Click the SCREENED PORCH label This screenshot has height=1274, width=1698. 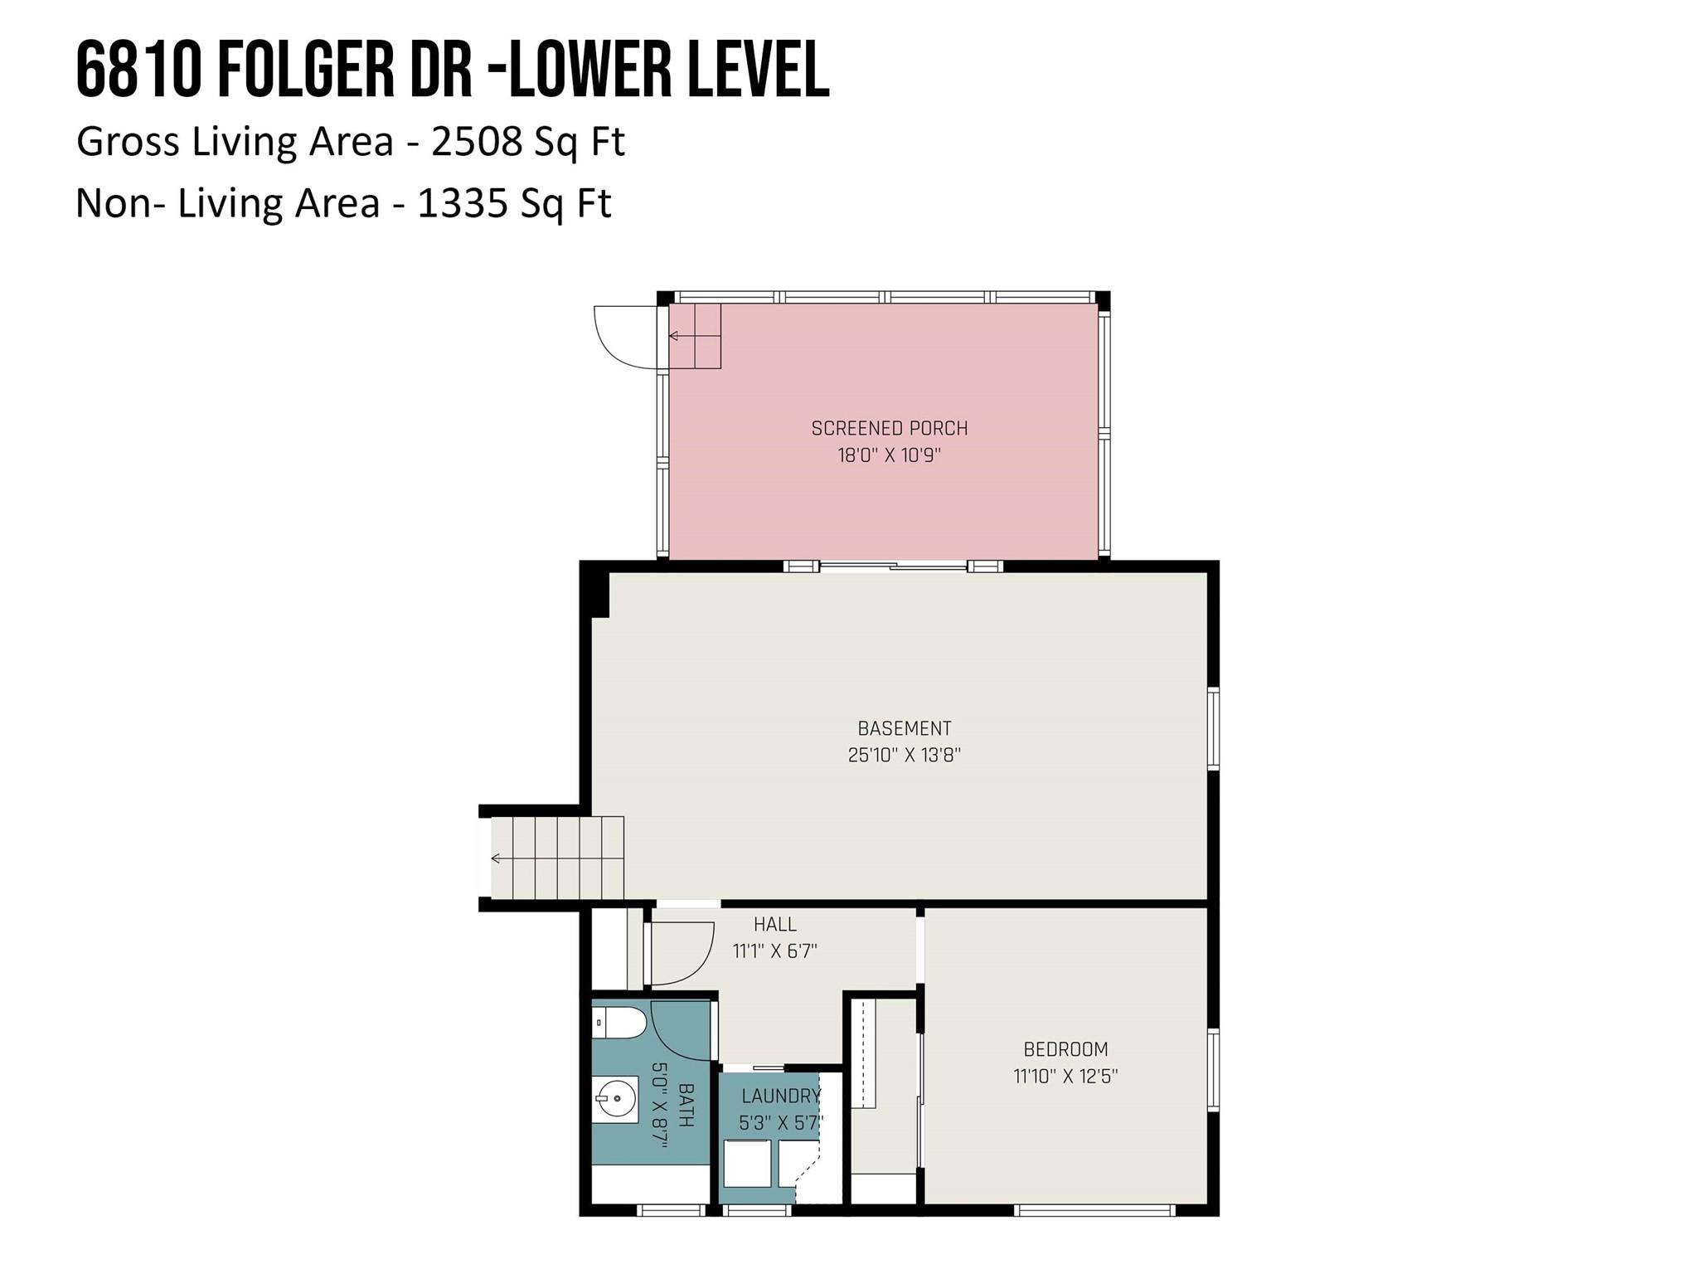pos(889,429)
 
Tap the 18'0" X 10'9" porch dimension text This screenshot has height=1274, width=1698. pos(889,455)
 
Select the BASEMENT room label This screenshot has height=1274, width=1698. pos(904,728)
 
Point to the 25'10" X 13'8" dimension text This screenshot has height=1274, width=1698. pos(904,756)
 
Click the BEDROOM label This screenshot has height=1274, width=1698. pos(1065,1049)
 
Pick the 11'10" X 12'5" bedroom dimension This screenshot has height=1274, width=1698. pos(1065,1077)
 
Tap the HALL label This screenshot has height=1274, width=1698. pos(774,924)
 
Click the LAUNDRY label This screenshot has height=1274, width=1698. pos(780,1096)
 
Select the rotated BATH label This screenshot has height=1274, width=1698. pos(686,1105)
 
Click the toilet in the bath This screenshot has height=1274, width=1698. pos(619,1023)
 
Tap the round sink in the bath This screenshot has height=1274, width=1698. pos(616,1100)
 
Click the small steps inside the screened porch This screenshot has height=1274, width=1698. pos(695,336)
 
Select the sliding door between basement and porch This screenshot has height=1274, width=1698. pos(893,566)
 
